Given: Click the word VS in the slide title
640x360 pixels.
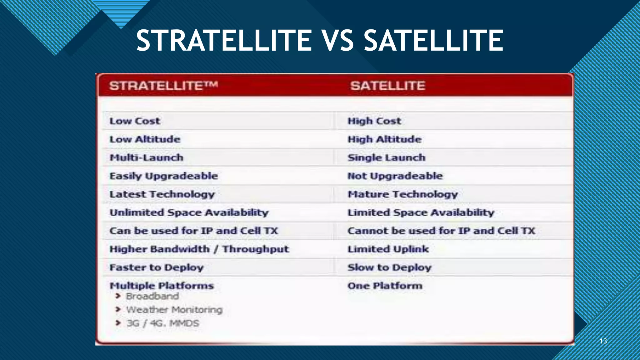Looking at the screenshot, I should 337,41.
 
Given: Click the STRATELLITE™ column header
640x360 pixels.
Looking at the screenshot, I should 163,86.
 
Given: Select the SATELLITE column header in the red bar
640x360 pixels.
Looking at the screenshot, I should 387,86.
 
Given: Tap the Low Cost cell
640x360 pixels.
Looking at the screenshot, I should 135,121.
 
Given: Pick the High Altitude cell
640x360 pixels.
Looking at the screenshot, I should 384,139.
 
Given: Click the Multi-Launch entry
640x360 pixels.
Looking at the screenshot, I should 146,157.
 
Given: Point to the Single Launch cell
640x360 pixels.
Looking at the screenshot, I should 386,157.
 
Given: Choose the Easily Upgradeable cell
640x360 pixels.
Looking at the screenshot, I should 163,176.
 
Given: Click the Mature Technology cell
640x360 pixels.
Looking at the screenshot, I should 402,194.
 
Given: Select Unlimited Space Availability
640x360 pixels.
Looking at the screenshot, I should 189,212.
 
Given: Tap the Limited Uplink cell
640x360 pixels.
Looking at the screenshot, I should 388,249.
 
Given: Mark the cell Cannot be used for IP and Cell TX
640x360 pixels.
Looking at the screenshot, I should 441,231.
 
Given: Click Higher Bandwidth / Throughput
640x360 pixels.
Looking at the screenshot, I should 199,249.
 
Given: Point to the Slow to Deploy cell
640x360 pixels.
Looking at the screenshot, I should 389,267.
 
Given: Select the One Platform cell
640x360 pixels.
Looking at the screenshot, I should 385,286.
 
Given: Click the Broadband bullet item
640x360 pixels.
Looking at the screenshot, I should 152,296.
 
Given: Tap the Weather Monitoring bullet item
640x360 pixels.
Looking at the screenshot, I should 174,310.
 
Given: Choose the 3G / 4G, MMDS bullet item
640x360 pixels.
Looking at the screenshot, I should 162,323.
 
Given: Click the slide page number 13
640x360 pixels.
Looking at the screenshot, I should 603,341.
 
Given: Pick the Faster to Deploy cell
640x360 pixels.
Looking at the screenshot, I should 156,267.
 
